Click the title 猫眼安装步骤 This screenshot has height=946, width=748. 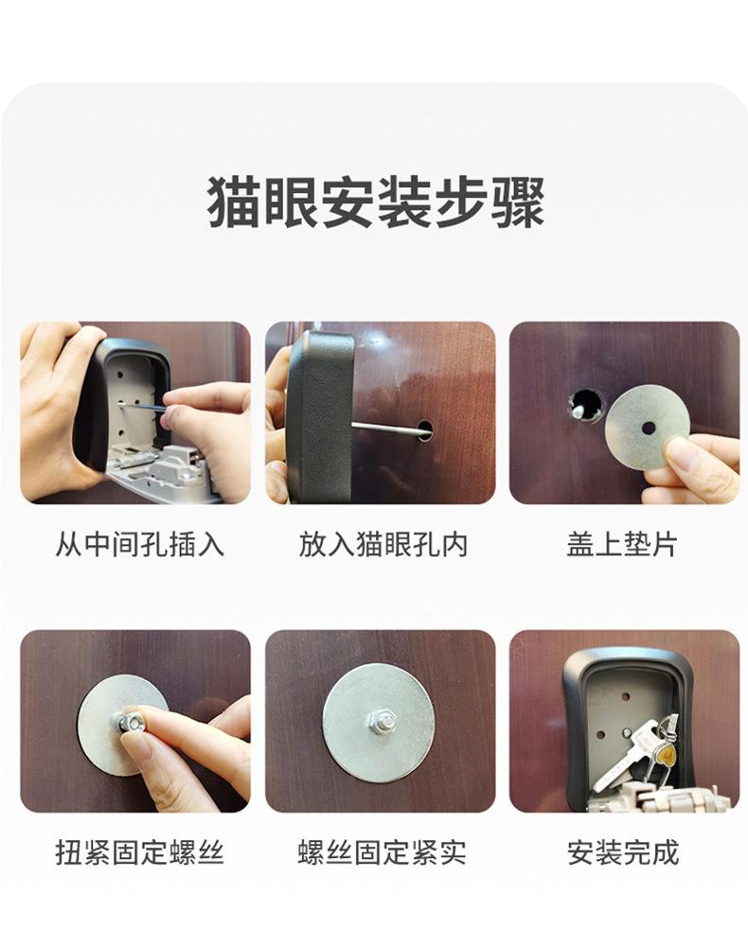[x=376, y=202]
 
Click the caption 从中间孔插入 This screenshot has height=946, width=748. [x=139, y=544]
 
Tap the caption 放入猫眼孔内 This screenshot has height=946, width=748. [x=383, y=544]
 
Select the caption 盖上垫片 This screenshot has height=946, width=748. [x=622, y=544]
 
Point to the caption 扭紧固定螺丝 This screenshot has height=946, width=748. [x=139, y=852]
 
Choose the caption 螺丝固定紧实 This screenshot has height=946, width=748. [x=383, y=852]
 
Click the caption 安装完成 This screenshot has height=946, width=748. [x=623, y=852]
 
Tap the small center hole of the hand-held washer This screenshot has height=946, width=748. [x=649, y=428]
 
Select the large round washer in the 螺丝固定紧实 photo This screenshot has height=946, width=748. [x=379, y=724]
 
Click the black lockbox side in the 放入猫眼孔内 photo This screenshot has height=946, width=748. [x=320, y=416]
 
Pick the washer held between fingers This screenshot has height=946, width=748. [x=648, y=428]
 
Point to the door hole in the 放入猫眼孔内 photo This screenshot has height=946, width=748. [x=425, y=429]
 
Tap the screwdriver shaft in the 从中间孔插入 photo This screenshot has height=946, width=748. [x=141, y=407]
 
